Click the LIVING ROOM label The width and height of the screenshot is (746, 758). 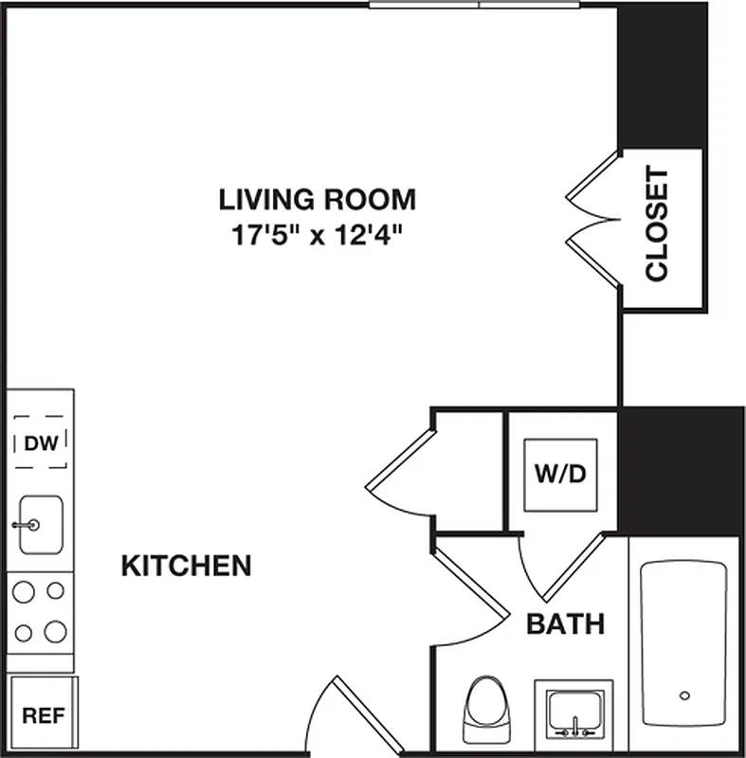(318, 200)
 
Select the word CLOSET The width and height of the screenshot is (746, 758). (657, 226)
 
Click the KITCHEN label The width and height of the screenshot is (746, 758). (187, 567)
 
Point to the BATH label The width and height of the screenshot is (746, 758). (565, 624)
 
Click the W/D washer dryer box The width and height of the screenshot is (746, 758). (562, 474)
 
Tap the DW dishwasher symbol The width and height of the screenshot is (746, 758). (40, 442)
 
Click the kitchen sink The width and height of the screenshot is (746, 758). (40, 524)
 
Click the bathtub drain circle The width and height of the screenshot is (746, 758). (684, 696)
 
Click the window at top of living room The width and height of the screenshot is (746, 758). (474, 5)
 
